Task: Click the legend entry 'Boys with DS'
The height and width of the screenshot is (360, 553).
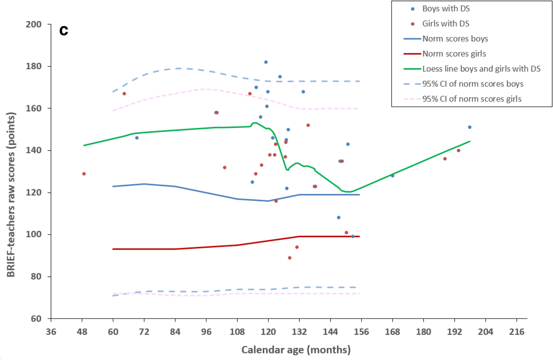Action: pyautogui.click(x=446, y=8)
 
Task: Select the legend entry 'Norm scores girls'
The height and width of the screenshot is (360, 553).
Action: pyautogui.click(x=454, y=54)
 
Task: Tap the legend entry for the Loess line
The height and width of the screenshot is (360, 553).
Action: pyautogui.click(x=481, y=69)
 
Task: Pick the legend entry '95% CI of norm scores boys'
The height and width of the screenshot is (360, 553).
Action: pyautogui.click(x=473, y=84)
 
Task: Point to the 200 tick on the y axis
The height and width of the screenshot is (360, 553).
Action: pyautogui.click(x=34, y=24)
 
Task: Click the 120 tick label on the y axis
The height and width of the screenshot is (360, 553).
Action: pyautogui.click(x=34, y=192)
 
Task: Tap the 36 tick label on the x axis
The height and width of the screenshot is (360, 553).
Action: pyautogui.click(x=51, y=332)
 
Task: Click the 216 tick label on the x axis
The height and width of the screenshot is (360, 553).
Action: pyautogui.click(x=516, y=332)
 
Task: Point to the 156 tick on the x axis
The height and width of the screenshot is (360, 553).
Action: pyautogui.click(x=361, y=332)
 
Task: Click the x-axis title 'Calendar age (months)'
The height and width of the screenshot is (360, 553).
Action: pyautogui.click(x=296, y=350)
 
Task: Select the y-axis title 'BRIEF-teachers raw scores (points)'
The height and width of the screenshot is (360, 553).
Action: pyautogui.click(x=11, y=195)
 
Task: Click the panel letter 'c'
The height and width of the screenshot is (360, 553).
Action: pyautogui.click(x=64, y=30)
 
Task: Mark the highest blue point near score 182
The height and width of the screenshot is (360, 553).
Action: pyautogui.click(x=266, y=62)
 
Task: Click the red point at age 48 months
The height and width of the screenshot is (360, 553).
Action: pyautogui.click(x=84, y=174)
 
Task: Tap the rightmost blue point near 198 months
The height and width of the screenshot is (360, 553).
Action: pyautogui.click(x=470, y=127)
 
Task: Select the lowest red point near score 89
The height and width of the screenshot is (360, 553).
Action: pyautogui.click(x=290, y=258)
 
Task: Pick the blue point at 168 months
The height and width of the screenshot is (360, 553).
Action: pyautogui.click(x=393, y=176)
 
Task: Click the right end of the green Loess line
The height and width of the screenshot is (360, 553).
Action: pyautogui.click(x=470, y=141)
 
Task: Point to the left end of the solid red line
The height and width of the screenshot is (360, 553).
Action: pyautogui.click(x=113, y=249)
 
